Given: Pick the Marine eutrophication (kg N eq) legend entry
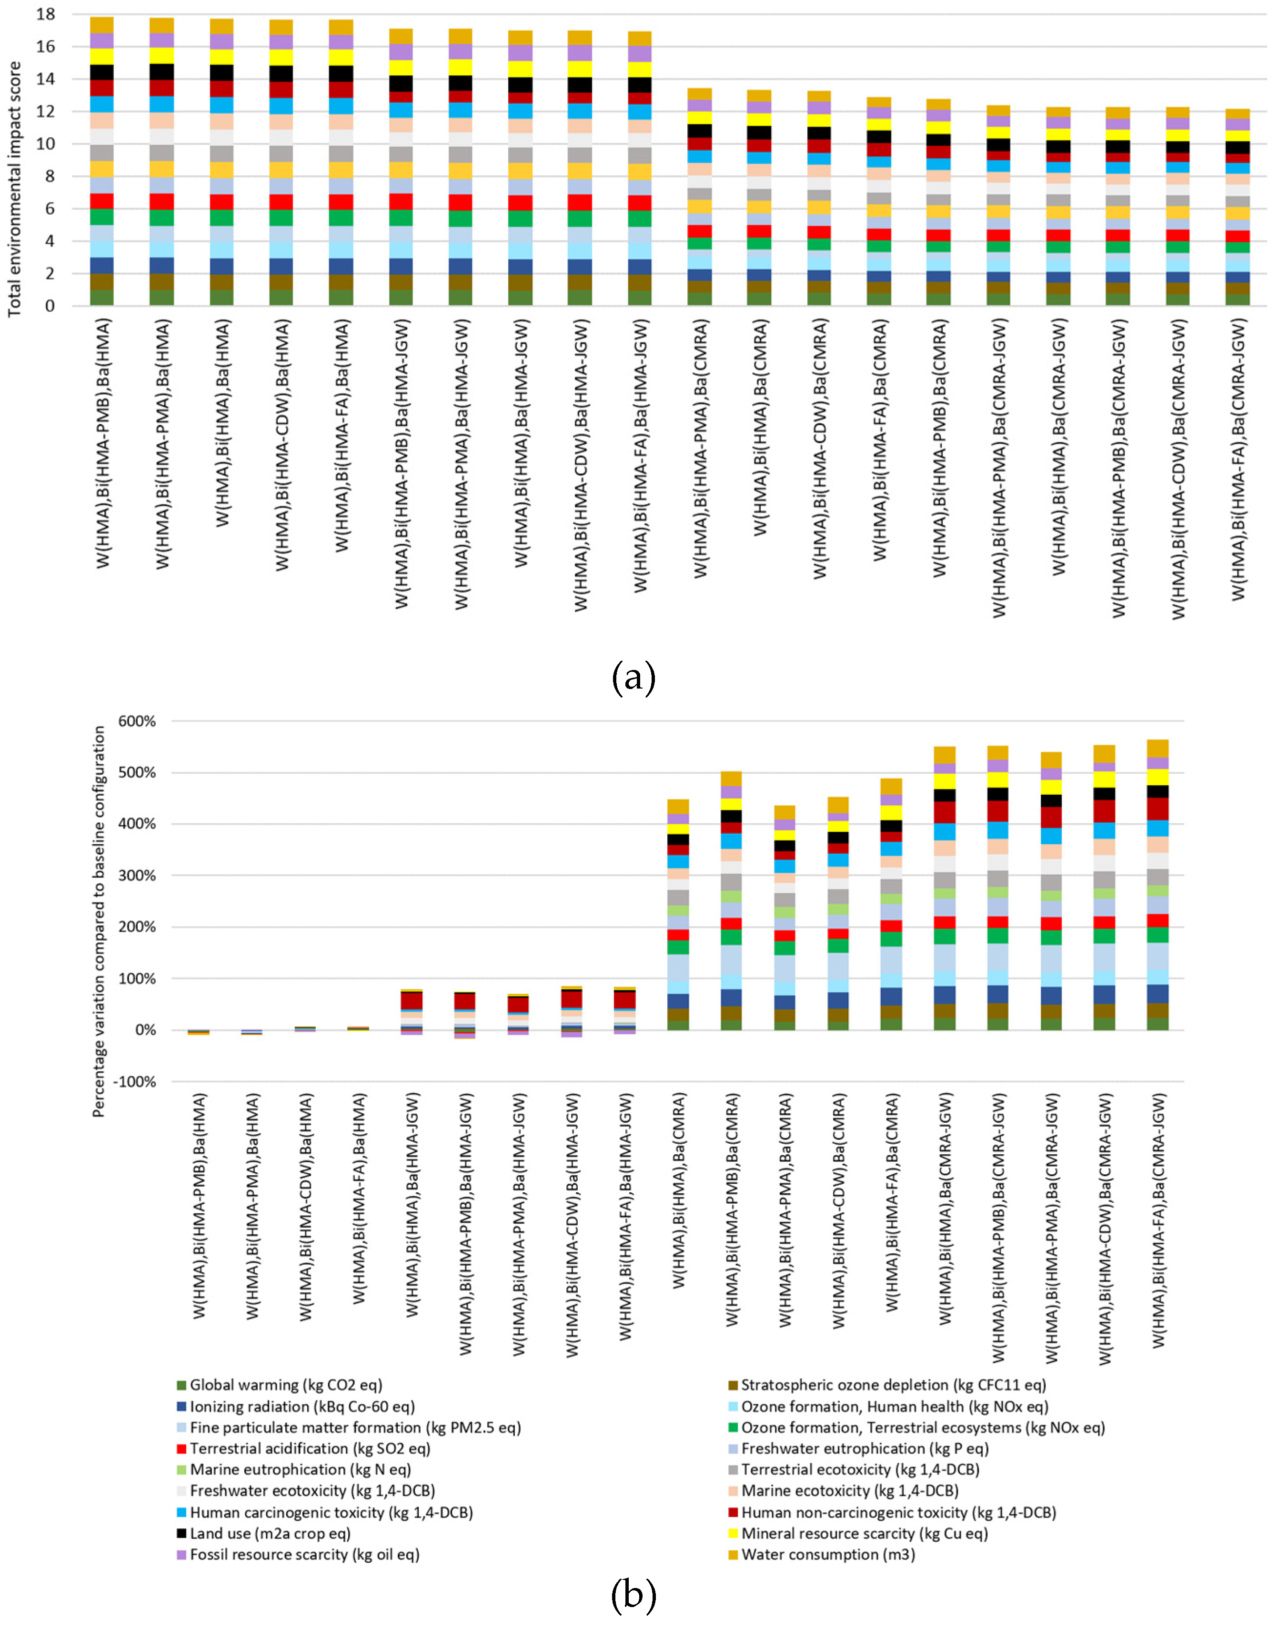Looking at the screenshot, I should click(300, 1469).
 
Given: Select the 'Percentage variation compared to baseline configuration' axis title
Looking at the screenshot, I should click(99, 922).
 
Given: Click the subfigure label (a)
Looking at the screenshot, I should click(633, 678).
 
